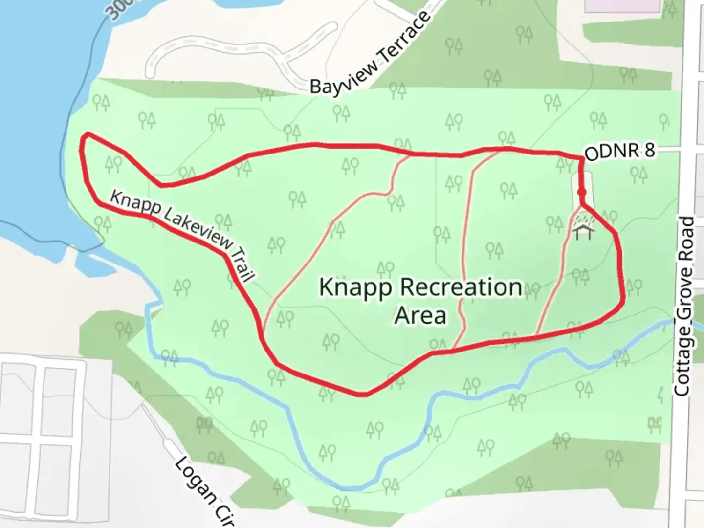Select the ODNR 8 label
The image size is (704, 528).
pos(619,152)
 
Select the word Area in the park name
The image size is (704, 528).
pos(420,316)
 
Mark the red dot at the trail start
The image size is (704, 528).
pos(582,193)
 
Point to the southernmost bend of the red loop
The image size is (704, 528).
pos(363,394)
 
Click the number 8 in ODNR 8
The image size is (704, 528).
pos(649,150)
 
